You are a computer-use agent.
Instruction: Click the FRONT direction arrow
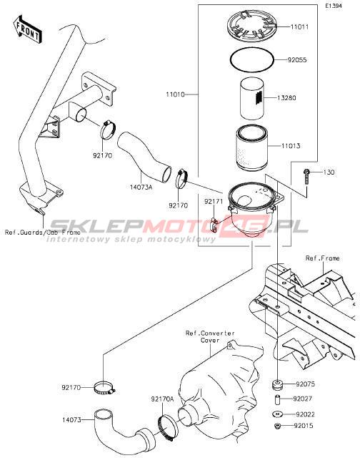pyautogui.click(x=27, y=30)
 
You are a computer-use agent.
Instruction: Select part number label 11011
pyautogui.click(x=299, y=27)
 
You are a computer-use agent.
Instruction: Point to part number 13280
pyautogui.click(x=286, y=98)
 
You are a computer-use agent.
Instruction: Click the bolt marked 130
pyautogui.click(x=306, y=176)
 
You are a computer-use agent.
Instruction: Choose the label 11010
pyautogui.click(x=175, y=94)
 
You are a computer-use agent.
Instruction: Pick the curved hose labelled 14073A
pyautogui.click(x=144, y=157)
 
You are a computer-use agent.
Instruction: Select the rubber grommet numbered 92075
pyautogui.click(x=277, y=384)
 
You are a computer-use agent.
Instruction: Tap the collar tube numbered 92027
pyautogui.click(x=277, y=399)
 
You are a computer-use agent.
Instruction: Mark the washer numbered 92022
pyautogui.click(x=277, y=414)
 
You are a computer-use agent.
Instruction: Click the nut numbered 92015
pyautogui.click(x=277, y=426)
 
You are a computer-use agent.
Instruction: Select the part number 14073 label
pyautogui.click(x=71, y=420)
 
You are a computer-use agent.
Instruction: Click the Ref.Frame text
pyautogui.click(x=322, y=258)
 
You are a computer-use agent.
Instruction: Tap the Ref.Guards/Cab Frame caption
pyautogui.click(x=43, y=233)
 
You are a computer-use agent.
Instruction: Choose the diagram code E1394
pyautogui.click(x=334, y=6)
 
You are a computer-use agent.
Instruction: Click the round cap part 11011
pyautogui.click(x=251, y=25)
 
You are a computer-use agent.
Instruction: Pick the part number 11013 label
pyautogui.click(x=291, y=146)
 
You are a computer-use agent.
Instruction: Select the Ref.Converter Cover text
pyautogui.click(x=210, y=337)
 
